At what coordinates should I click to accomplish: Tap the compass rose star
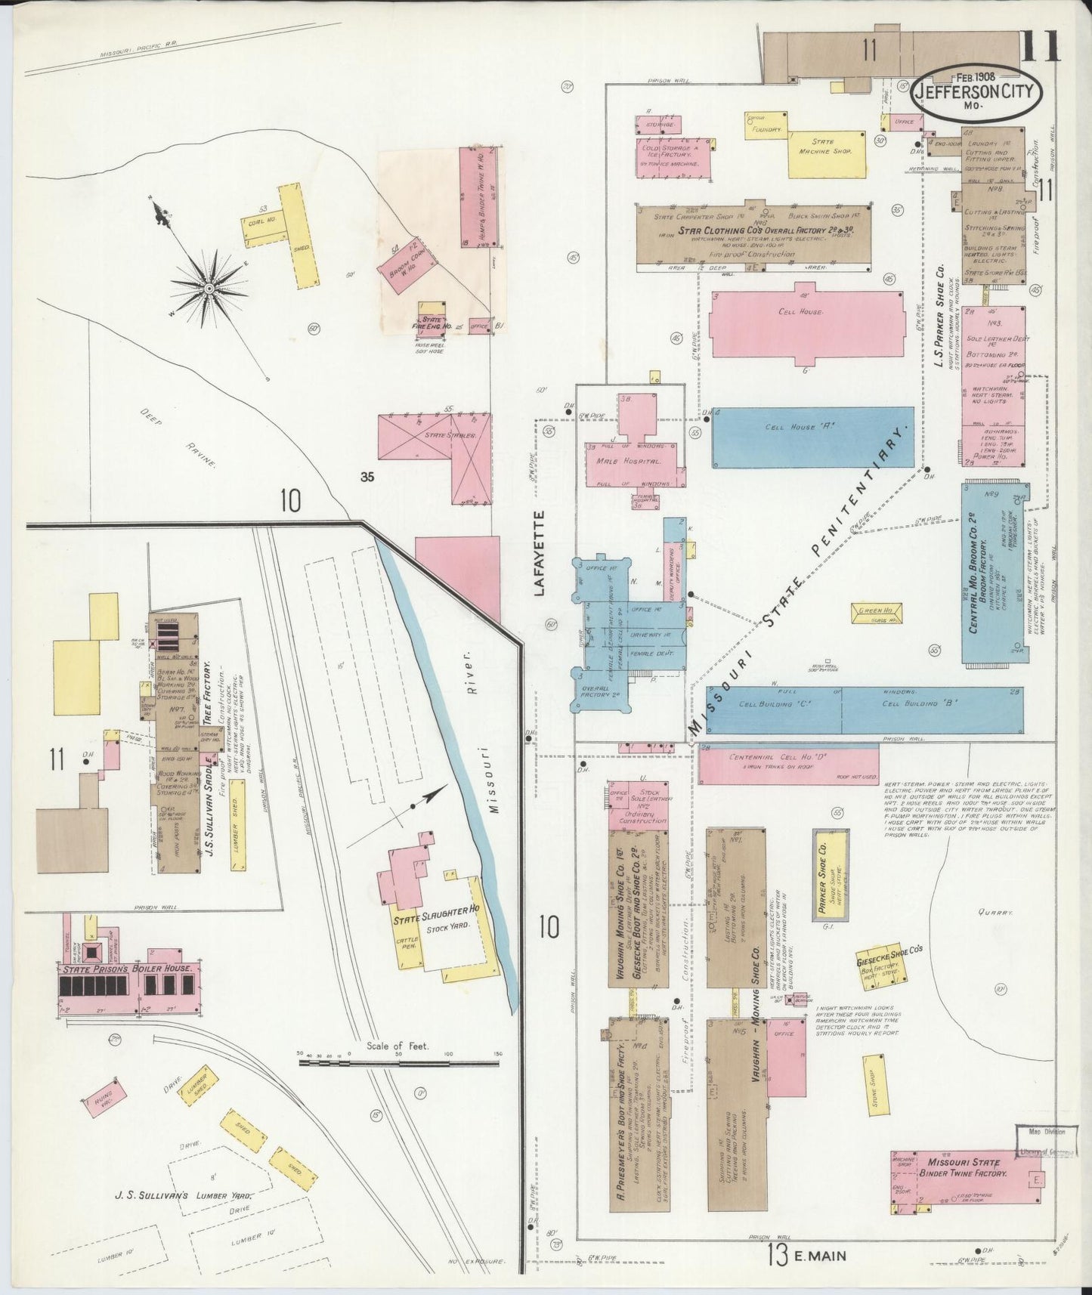tap(208, 288)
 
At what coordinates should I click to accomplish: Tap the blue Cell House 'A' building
tap(812, 437)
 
